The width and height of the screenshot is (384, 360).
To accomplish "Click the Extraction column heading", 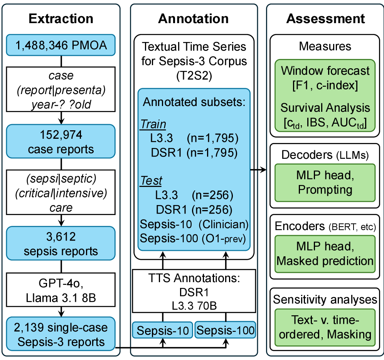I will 61,19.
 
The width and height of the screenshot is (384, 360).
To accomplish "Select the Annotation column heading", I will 193,19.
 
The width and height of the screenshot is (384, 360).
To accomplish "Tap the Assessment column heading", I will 325,19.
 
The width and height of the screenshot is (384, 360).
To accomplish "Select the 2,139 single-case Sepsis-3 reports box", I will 61,335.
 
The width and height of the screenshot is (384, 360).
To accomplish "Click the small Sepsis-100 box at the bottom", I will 225,330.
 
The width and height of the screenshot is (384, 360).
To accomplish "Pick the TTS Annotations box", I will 194,291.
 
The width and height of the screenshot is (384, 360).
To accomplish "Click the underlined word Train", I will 153,124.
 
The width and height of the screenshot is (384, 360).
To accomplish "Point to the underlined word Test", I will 151,181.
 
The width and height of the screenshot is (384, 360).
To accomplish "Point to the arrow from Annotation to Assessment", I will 259,169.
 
